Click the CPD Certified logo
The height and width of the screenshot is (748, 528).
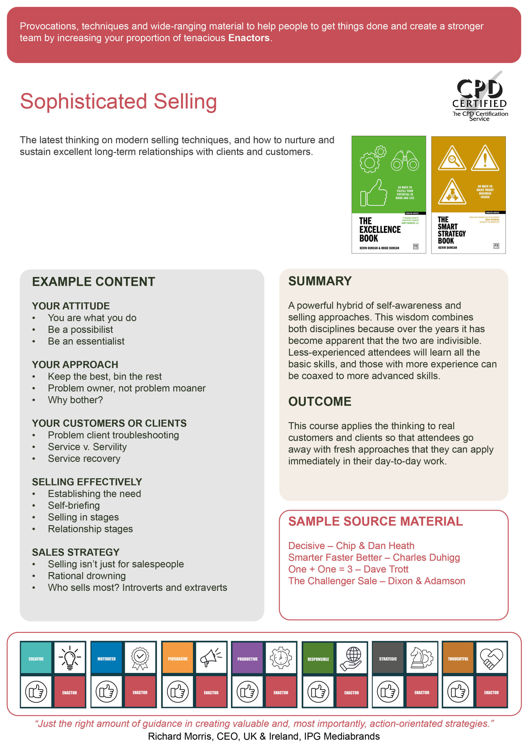[x=480, y=96]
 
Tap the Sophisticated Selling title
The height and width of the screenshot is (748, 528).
[x=118, y=101]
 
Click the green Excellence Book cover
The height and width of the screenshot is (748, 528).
[x=389, y=195]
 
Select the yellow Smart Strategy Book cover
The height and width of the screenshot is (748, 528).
[x=468, y=195]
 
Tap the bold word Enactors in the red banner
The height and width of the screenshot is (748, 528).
[x=249, y=38]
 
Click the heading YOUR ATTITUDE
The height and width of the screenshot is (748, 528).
[x=71, y=306]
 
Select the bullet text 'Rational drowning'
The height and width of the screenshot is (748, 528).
[x=87, y=576]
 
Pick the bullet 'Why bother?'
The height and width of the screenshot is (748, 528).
[x=75, y=400]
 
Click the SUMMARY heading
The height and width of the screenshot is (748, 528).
[x=320, y=281]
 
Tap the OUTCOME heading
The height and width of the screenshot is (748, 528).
[x=319, y=401]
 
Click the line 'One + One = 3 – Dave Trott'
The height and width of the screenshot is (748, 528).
[x=348, y=569]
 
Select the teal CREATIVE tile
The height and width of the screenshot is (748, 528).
[x=36, y=658]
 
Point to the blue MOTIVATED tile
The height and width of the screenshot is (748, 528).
[x=106, y=658]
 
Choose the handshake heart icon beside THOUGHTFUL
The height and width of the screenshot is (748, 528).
[x=491, y=658]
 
